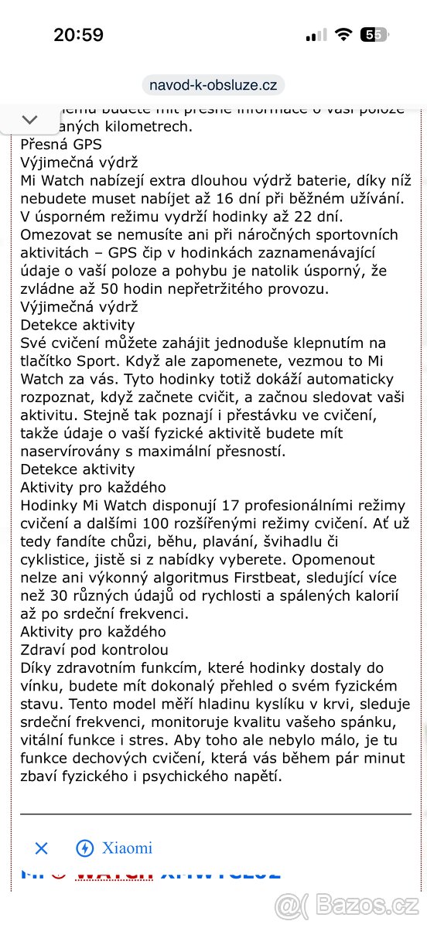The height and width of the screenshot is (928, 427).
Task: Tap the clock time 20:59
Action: coord(78,35)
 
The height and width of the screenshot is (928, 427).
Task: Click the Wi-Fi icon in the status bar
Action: coord(341,35)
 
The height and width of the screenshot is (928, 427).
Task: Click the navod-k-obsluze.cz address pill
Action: coord(213,85)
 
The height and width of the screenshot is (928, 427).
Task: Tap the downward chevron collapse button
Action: coord(29,120)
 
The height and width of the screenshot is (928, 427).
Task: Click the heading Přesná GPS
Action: coord(61,144)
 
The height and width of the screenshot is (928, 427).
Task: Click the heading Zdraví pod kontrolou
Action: coord(94,650)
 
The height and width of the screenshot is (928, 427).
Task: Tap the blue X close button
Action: coord(42,848)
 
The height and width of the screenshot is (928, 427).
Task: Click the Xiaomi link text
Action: coord(127,848)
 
